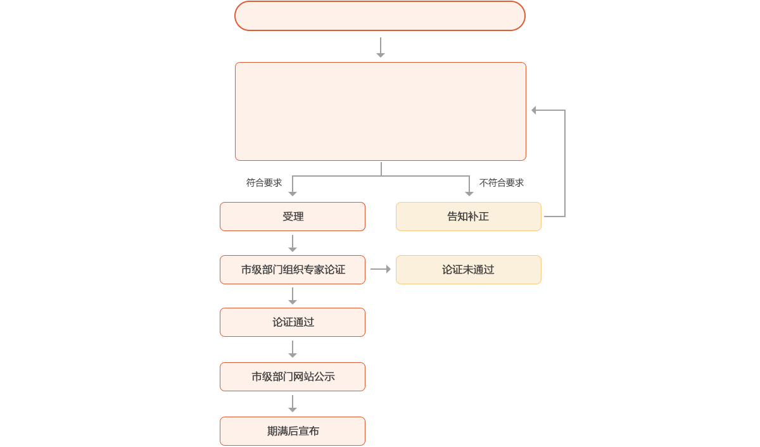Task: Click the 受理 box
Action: click(x=293, y=217)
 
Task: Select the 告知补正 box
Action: click(x=469, y=217)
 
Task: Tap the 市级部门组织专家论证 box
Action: click(x=293, y=270)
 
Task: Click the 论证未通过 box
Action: click(x=469, y=270)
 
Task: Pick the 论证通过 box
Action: click(x=293, y=322)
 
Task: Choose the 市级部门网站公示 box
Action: click(x=293, y=377)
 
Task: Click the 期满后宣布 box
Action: click(x=293, y=431)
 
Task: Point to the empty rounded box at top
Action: click(x=380, y=16)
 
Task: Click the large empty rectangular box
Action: click(x=380, y=111)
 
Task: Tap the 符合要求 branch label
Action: click(x=264, y=183)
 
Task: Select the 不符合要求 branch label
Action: click(x=502, y=183)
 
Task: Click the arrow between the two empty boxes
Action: click(x=380, y=48)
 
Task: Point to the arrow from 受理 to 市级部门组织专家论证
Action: click(x=293, y=243)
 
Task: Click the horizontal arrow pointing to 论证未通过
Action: click(x=381, y=270)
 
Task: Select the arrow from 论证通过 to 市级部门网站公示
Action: click(x=293, y=349)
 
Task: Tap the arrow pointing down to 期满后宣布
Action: click(x=293, y=404)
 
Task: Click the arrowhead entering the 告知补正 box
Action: click(x=469, y=194)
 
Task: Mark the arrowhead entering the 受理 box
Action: click(x=293, y=194)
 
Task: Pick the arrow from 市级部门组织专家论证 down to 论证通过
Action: click(x=293, y=296)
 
